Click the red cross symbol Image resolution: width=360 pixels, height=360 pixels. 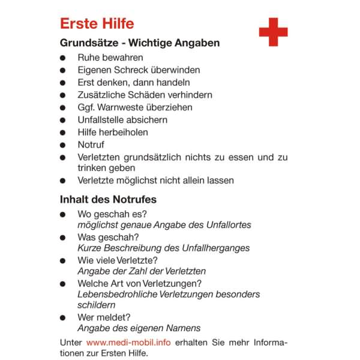[273, 32]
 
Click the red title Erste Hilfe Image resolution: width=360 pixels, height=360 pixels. [97, 24]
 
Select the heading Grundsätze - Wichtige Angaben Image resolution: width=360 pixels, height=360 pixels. [140, 43]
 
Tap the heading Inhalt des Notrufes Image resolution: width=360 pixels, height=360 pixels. [108, 199]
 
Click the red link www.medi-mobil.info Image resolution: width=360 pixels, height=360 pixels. [128, 342]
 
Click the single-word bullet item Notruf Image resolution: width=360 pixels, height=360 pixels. [91, 145]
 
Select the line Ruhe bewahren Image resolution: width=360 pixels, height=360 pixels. [110, 58]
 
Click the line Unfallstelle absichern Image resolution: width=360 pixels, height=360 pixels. [122, 120]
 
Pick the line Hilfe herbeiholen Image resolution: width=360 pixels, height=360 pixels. [113, 132]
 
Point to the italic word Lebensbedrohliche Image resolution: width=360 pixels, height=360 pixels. [116, 294]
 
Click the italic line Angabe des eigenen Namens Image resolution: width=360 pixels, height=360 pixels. [139, 328]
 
